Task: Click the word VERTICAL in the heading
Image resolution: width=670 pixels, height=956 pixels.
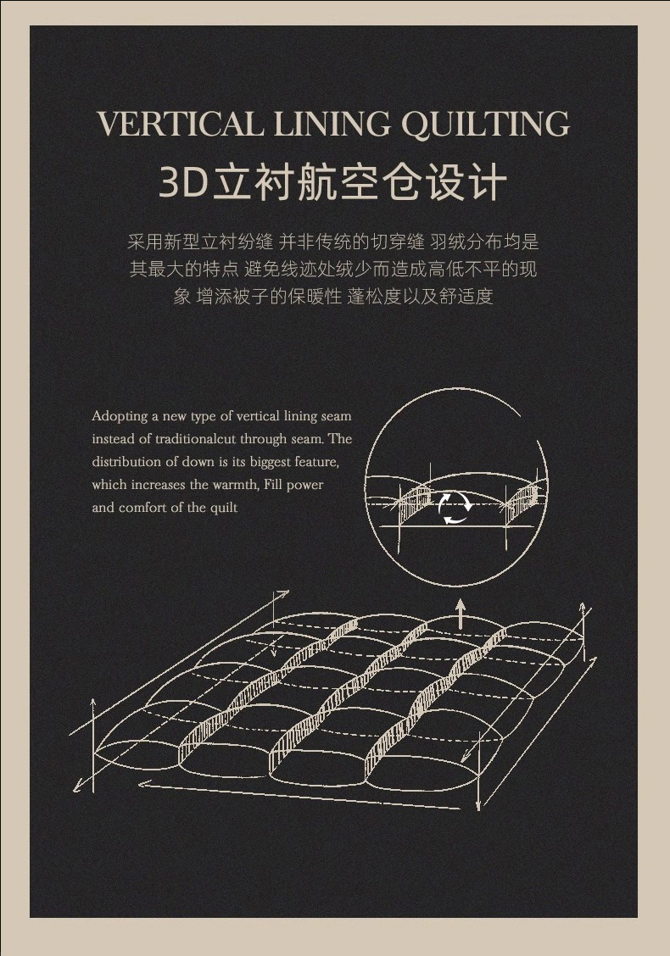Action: [181, 124]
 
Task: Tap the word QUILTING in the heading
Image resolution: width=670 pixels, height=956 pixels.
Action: [486, 125]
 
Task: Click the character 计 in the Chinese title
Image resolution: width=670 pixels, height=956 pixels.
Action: [489, 181]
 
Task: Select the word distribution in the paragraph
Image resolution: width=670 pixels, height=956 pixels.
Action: [127, 462]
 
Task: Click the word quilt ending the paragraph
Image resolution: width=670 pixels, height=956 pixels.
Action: [224, 508]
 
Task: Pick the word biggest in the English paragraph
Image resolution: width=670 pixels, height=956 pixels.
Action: [271, 463]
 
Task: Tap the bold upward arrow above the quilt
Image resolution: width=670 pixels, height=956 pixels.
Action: [461, 614]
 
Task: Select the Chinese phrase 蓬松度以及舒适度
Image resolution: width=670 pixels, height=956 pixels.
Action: [420, 297]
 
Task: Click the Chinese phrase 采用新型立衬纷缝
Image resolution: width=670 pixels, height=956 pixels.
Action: [200, 242]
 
